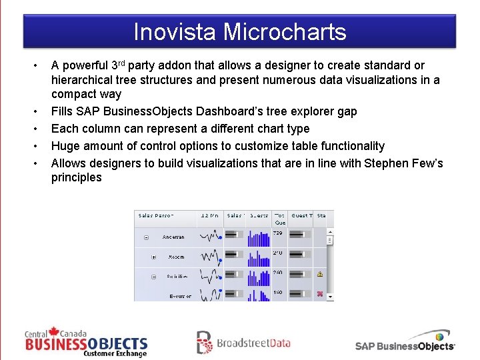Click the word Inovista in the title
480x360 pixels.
pyautogui.click(x=175, y=31)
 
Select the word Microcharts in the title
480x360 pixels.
pyautogui.click(x=285, y=31)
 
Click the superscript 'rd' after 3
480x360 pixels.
pyautogui.click(x=121, y=63)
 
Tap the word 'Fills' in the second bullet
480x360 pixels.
pyautogui.click(x=64, y=111)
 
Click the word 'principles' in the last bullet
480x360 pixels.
pyautogui.click(x=76, y=178)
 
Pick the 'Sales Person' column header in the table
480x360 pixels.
pyautogui.click(x=155, y=215)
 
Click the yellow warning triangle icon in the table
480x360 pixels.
pyautogui.click(x=320, y=274)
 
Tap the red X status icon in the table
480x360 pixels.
pyautogui.click(x=320, y=293)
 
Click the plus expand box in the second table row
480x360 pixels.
pyautogui.click(x=153, y=257)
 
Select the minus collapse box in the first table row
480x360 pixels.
pyautogui.click(x=145, y=237)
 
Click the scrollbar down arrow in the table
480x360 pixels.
pyautogui.click(x=330, y=296)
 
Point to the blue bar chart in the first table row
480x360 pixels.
pyautogui.click(x=258, y=237)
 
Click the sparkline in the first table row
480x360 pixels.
pyautogui.click(x=211, y=237)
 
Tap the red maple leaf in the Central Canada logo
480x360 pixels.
pyautogui.click(x=54, y=331)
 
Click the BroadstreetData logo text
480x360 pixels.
pyautogui.click(x=253, y=343)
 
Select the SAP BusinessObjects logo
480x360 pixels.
pyautogui.click(x=405, y=343)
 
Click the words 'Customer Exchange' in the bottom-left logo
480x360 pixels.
pyautogui.click(x=115, y=354)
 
